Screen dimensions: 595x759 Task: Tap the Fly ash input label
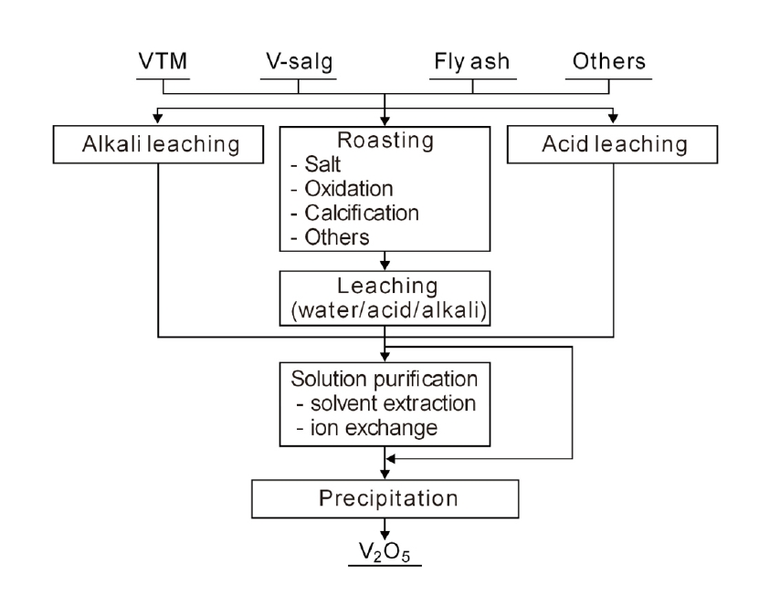[471, 63]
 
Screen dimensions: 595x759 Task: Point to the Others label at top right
[609, 63]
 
